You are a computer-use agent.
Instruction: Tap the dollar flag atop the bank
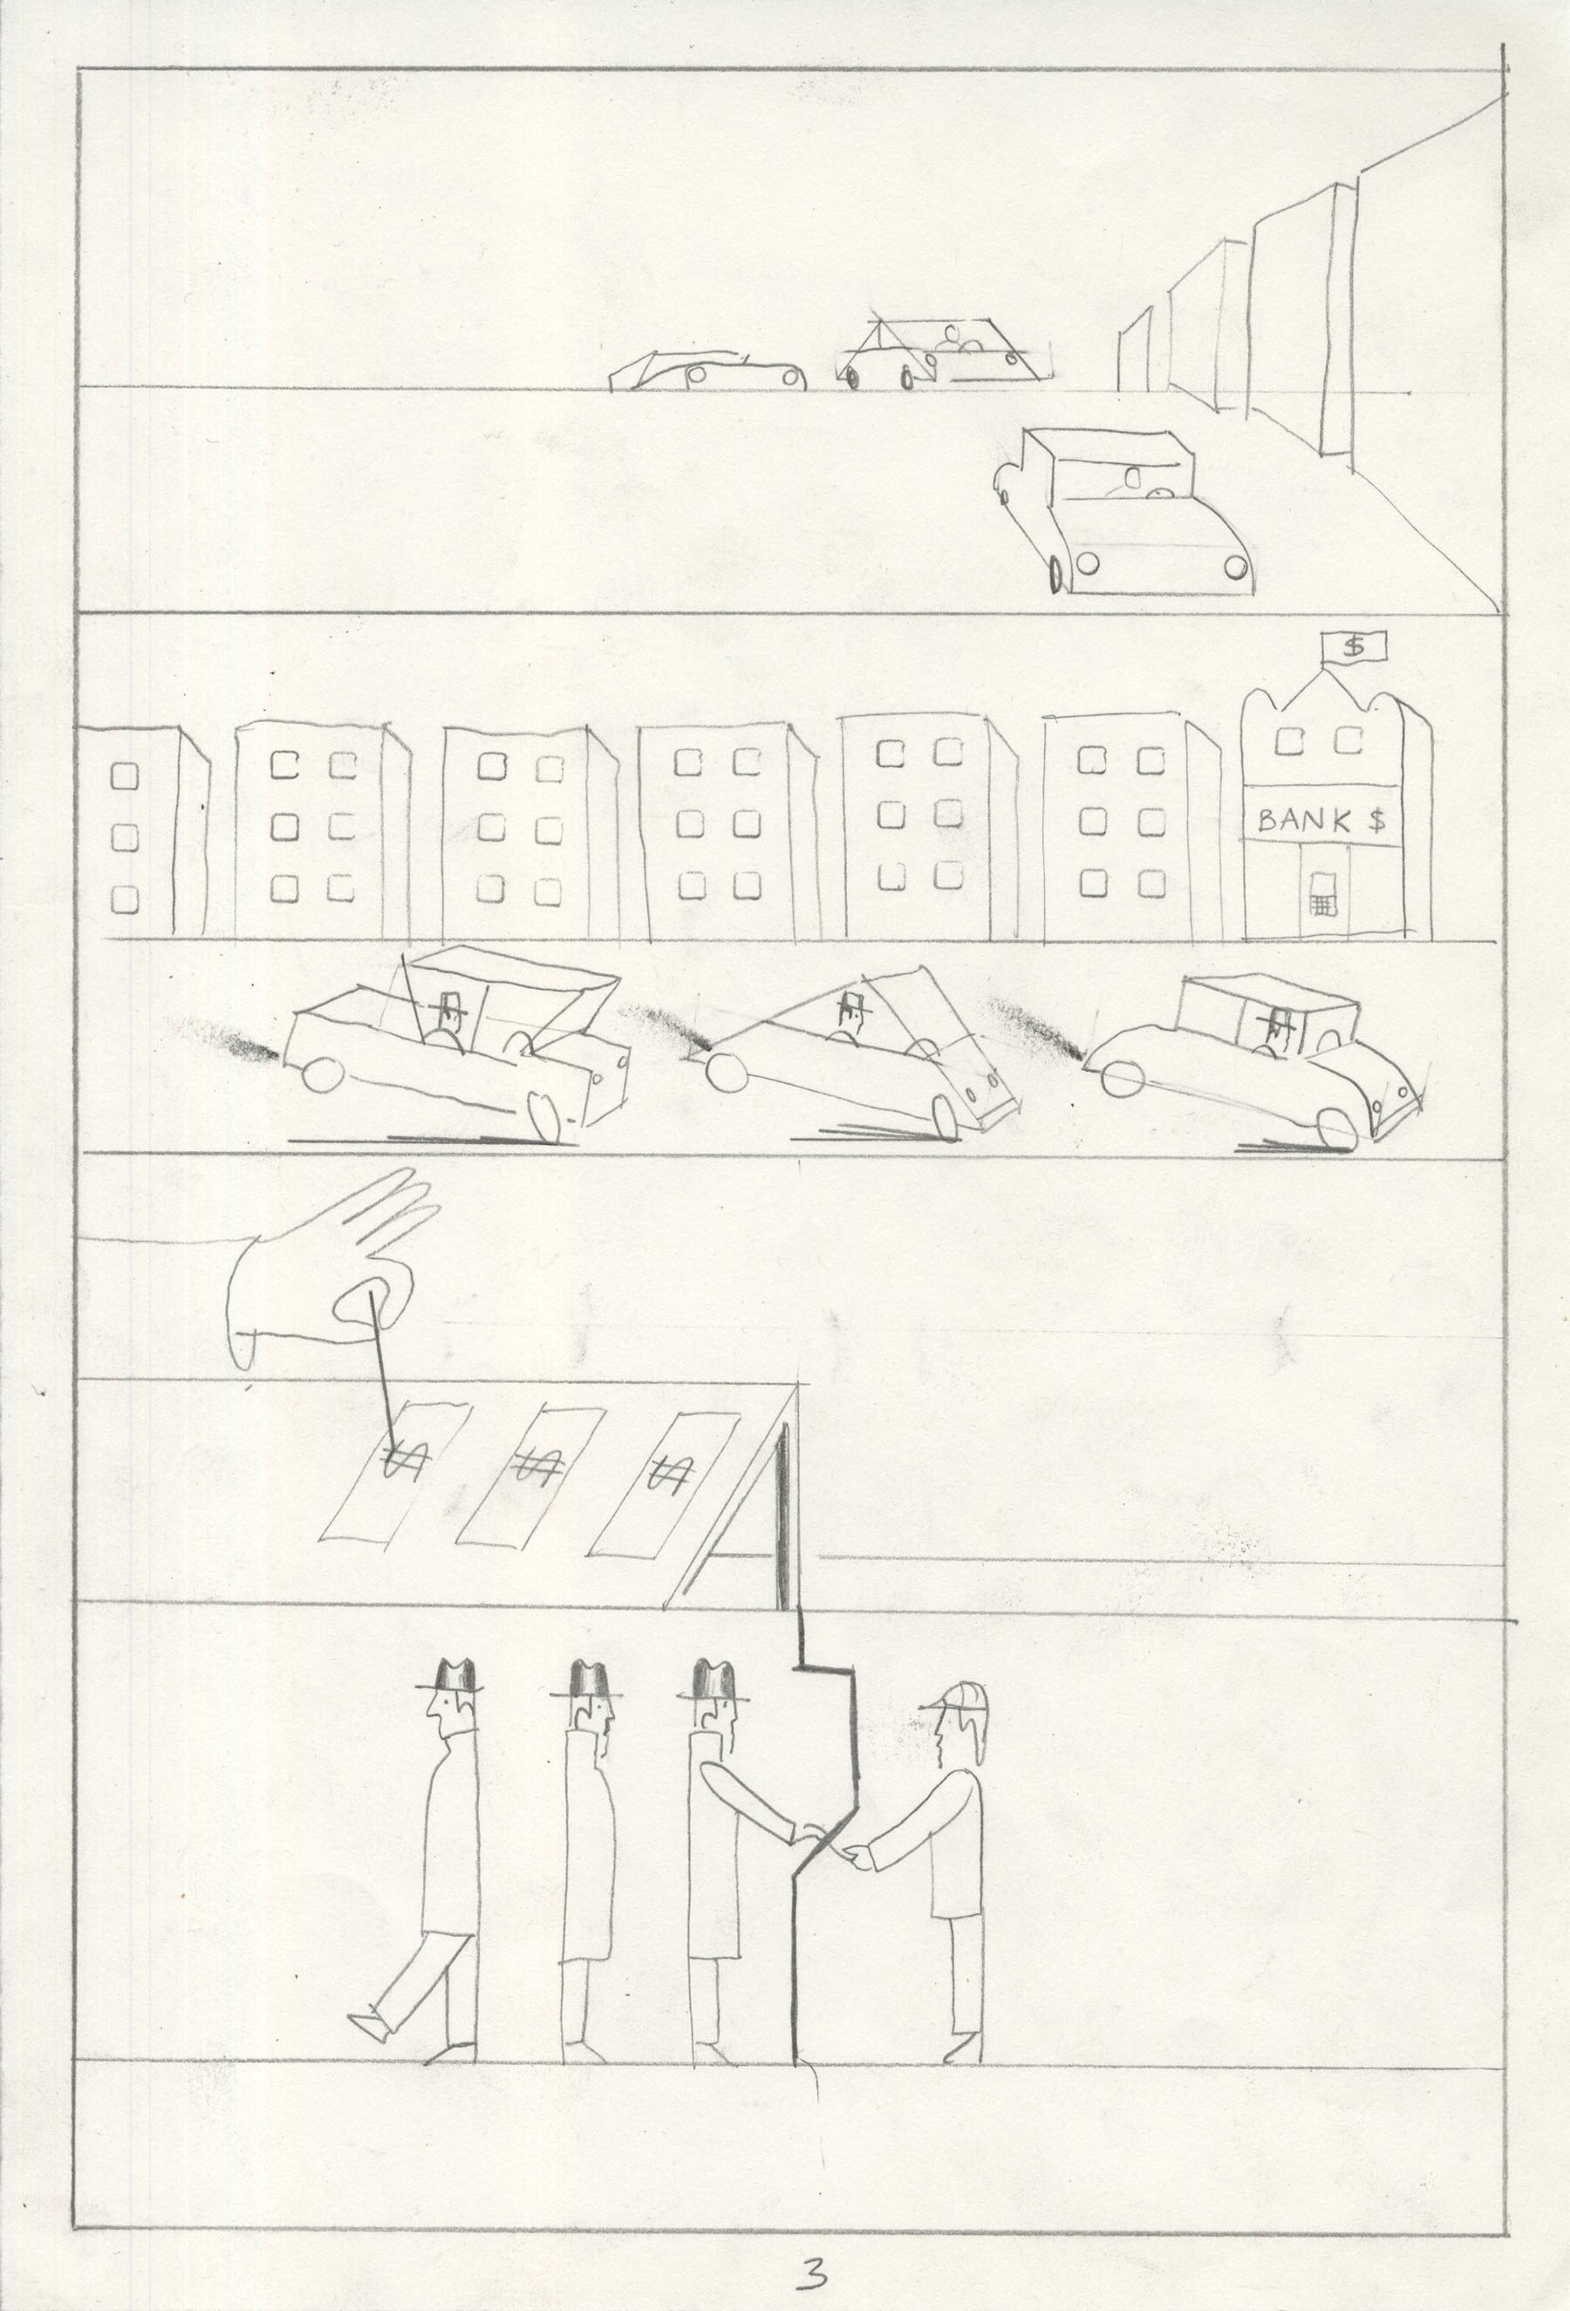pos(1353,647)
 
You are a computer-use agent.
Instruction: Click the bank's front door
pos(1322,891)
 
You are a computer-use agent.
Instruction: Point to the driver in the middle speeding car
pos(850,1016)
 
